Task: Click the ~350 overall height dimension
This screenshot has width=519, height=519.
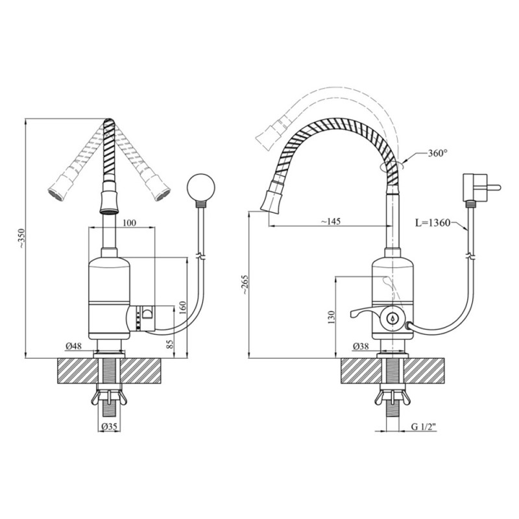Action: click(21, 238)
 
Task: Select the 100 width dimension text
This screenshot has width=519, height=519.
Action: click(129, 223)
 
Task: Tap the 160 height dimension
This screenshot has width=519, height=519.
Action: click(183, 308)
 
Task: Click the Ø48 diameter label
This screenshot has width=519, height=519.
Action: click(74, 346)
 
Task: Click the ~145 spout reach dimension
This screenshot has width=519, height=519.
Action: click(331, 221)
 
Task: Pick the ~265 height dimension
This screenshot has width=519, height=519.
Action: click(245, 285)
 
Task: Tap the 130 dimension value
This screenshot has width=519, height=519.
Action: click(332, 317)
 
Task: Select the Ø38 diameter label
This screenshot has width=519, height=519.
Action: click(361, 346)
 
